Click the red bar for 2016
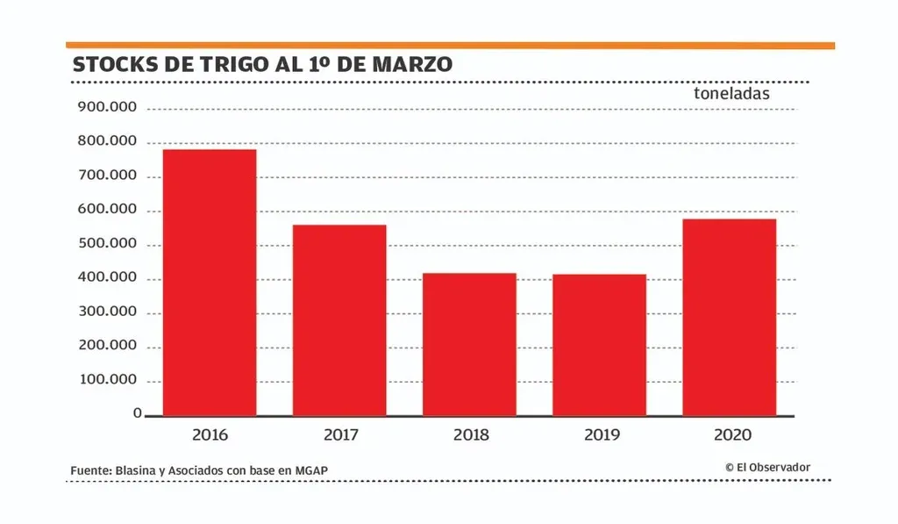coord(210,283)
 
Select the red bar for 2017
coord(339,320)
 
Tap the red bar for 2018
coord(469,344)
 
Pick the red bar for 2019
coord(599,345)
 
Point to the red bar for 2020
coord(729,317)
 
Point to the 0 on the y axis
coord(137,413)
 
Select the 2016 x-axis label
coord(210,435)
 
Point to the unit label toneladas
coord(731,93)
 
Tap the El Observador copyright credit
coord(767,468)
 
